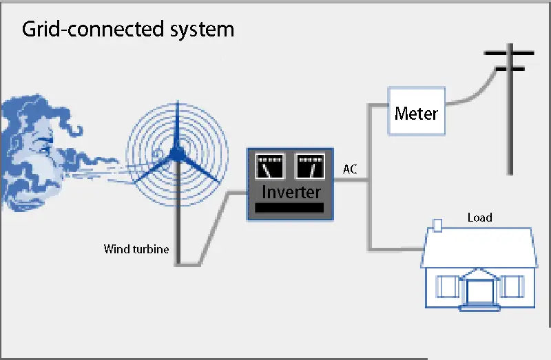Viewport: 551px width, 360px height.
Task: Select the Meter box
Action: [x=416, y=112]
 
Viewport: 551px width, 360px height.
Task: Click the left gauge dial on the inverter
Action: [x=269, y=167]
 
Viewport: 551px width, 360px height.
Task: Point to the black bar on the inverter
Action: [x=289, y=208]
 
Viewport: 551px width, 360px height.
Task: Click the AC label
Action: [x=350, y=169]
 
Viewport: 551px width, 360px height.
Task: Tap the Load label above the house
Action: [x=480, y=218]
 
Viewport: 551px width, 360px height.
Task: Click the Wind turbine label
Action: [x=136, y=248]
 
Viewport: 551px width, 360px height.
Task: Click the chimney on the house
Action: [x=437, y=225]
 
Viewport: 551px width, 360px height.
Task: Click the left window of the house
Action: [x=446, y=286]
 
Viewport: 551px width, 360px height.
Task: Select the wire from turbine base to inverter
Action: [x=214, y=227]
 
